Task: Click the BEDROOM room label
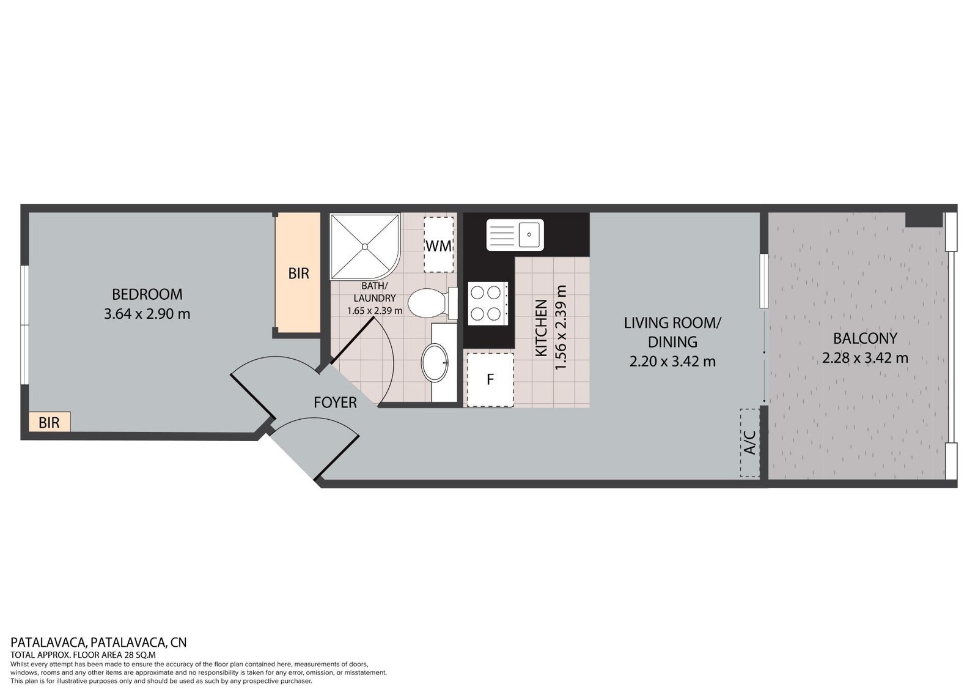(x=147, y=294)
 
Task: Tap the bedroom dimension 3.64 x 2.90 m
(x=147, y=314)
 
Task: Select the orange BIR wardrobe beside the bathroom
(x=299, y=273)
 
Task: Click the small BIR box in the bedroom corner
(x=50, y=422)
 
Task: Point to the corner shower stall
(x=365, y=247)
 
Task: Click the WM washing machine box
(x=439, y=245)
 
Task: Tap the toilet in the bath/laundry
(x=432, y=302)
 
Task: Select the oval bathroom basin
(x=435, y=363)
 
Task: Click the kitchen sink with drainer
(x=515, y=235)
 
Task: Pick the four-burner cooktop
(x=488, y=303)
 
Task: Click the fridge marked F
(x=490, y=379)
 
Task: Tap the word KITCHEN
(x=542, y=328)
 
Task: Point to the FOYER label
(x=336, y=403)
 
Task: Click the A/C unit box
(x=750, y=442)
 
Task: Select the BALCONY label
(x=865, y=338)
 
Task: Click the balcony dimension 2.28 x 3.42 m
(x=865, y=358)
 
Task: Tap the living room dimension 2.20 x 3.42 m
(x=672, y=361)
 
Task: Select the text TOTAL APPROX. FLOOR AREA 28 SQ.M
(x=83, y=655)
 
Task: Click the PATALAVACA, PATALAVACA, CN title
(x=98, y=642)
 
